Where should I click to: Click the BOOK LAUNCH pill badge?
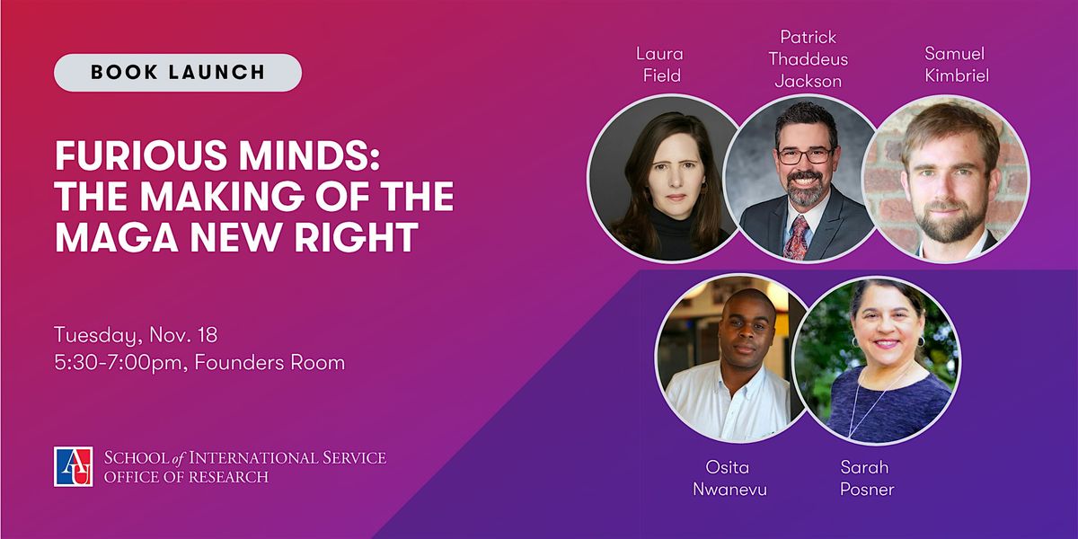click(178, 73)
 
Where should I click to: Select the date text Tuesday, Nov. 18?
click(136, 335)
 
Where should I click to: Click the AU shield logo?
click(75, 466)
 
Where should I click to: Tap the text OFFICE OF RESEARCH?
click(186, 477)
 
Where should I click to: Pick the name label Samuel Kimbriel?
click(956, 65)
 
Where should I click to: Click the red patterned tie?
click(796, 235)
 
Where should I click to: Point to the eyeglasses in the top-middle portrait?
click(805, 155)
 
